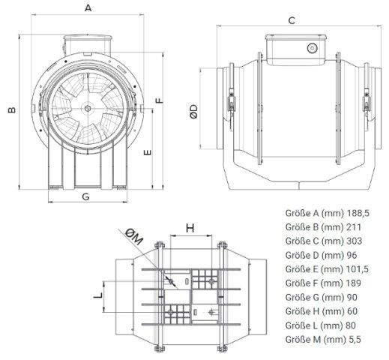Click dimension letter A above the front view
tap(88, 8)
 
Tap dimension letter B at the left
tap(12, 109)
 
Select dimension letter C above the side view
tap(292, 20)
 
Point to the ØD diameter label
tap(194, 111)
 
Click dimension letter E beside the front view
tap(148, 152)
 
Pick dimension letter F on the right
tap(160, 100)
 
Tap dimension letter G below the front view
tap(85, 196)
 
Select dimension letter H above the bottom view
tap(190, 228)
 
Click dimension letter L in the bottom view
tap(98, 295)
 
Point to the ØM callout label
tap(134, 236)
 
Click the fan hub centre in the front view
tap(88, 108)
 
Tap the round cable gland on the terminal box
tap(312, 48)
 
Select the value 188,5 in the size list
tap(358, 213)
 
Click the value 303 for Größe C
tap(355, 241)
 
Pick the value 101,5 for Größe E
tap(358, 269)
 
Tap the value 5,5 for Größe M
tap(354, 340)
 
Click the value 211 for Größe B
tap(354, 227)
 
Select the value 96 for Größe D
tap(352, 255)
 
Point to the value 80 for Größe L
tap(352, 325)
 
